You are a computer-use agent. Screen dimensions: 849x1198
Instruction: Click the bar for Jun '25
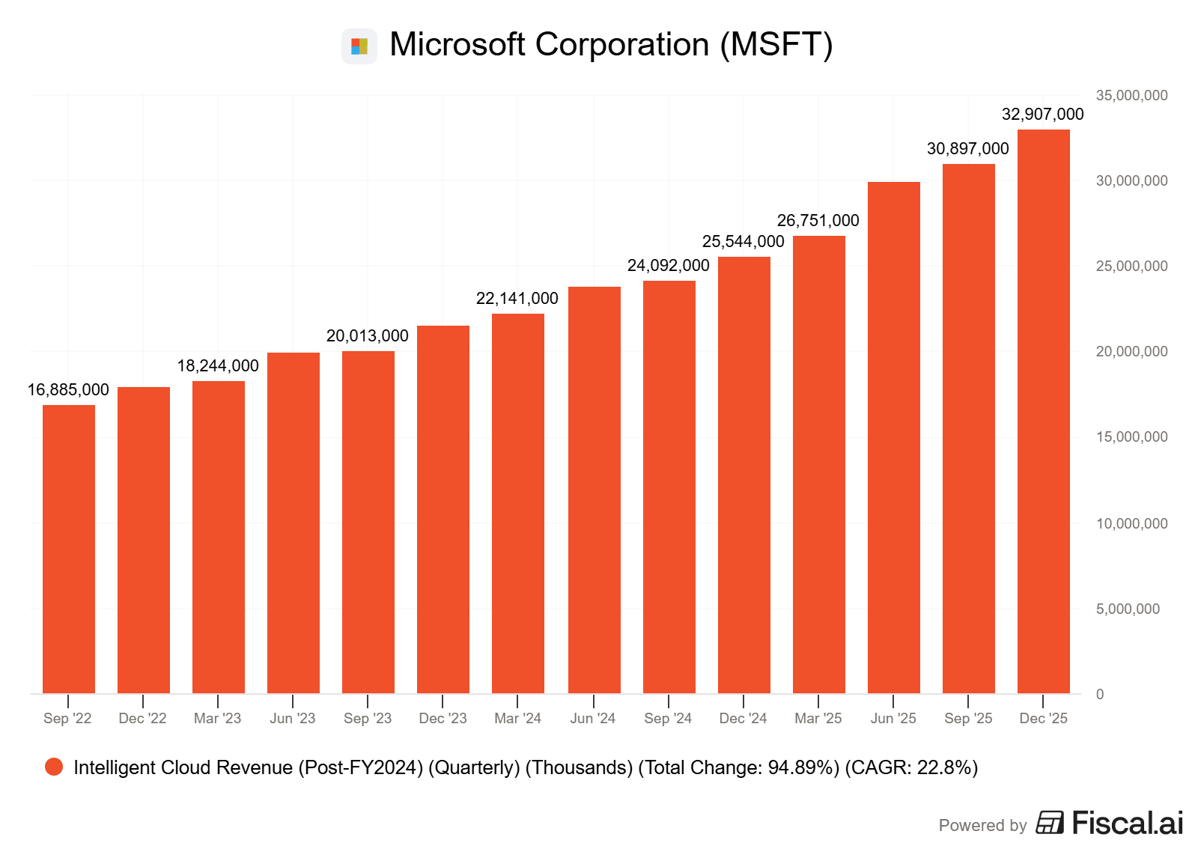(893, 437)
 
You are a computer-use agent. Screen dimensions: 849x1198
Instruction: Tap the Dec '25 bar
(1043, 411)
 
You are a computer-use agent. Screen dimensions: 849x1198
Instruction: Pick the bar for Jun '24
(594, 490)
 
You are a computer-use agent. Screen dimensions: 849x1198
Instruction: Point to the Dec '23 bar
(443, 509)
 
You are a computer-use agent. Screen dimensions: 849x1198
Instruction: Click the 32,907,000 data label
(1042, 115)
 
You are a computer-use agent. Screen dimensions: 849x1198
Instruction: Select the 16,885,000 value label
(68, 390)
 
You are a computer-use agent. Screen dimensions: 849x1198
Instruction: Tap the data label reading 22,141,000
(517, 299)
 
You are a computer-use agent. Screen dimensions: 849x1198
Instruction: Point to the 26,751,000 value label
(818, 221)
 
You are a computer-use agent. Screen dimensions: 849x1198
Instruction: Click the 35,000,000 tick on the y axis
(1131, 96)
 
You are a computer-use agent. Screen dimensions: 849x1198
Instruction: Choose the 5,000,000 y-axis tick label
(1128, 609)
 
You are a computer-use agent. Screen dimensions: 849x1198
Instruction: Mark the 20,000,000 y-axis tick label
(1131, 352)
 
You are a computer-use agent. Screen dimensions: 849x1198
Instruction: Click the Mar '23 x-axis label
(217, 719)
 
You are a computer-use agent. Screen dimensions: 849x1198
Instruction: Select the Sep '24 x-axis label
(668, 719)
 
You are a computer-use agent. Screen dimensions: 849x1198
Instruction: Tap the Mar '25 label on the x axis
(818, 719)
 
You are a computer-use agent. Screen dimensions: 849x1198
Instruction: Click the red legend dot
(54, 767)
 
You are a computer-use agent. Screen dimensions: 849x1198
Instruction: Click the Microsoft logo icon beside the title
(359, 46)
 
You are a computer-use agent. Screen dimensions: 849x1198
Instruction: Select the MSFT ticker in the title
(776, 45)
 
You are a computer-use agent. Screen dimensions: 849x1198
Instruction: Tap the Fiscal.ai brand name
(1127, 824)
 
